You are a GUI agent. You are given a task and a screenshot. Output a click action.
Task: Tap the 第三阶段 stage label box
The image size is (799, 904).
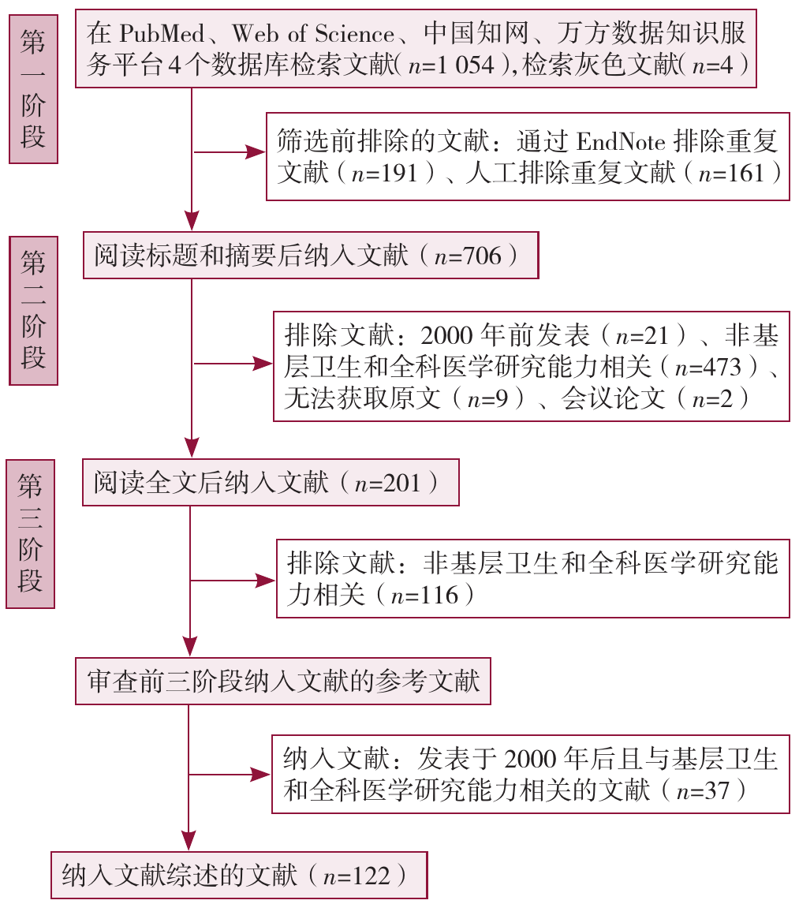coord(30,532)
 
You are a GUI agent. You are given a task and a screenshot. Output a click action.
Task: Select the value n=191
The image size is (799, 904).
coord(386,173)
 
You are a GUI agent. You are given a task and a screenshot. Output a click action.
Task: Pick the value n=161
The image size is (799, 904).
coord(731,173)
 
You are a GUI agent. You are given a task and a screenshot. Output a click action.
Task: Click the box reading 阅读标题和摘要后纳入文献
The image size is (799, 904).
coord(311,256)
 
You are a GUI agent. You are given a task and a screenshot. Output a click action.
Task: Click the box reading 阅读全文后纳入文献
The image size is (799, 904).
coord(270,482)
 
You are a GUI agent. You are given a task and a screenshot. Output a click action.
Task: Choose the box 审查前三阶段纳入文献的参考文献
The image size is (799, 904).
coord(283,681)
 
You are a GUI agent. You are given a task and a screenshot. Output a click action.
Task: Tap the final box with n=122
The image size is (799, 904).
coord(239,876)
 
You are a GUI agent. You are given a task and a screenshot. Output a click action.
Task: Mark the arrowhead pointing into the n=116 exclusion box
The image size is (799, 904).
coord(267,581)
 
